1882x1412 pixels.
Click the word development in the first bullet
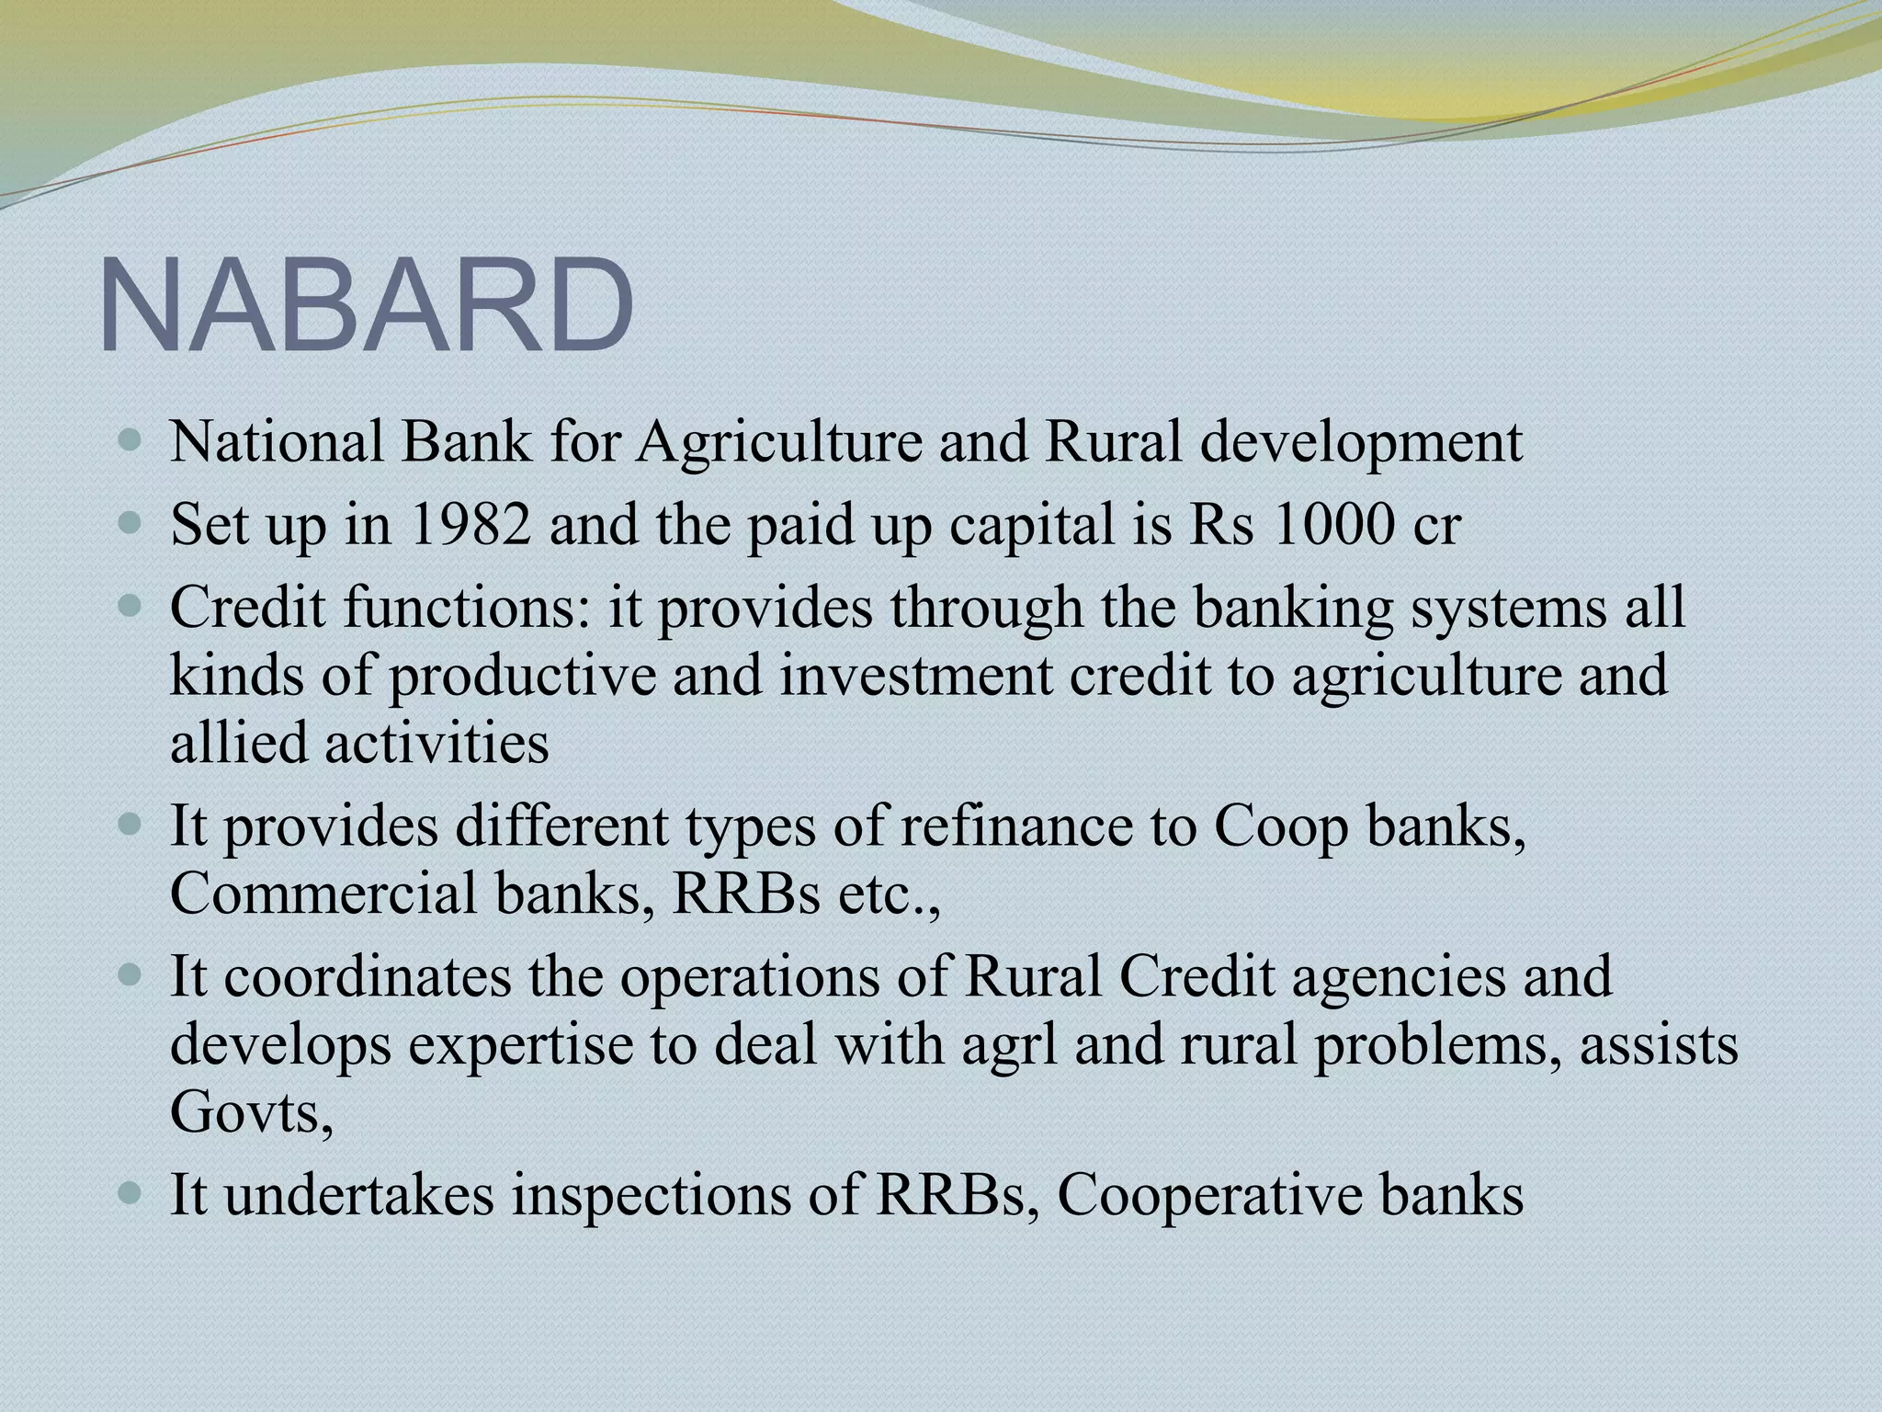[x=1361, y=444]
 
